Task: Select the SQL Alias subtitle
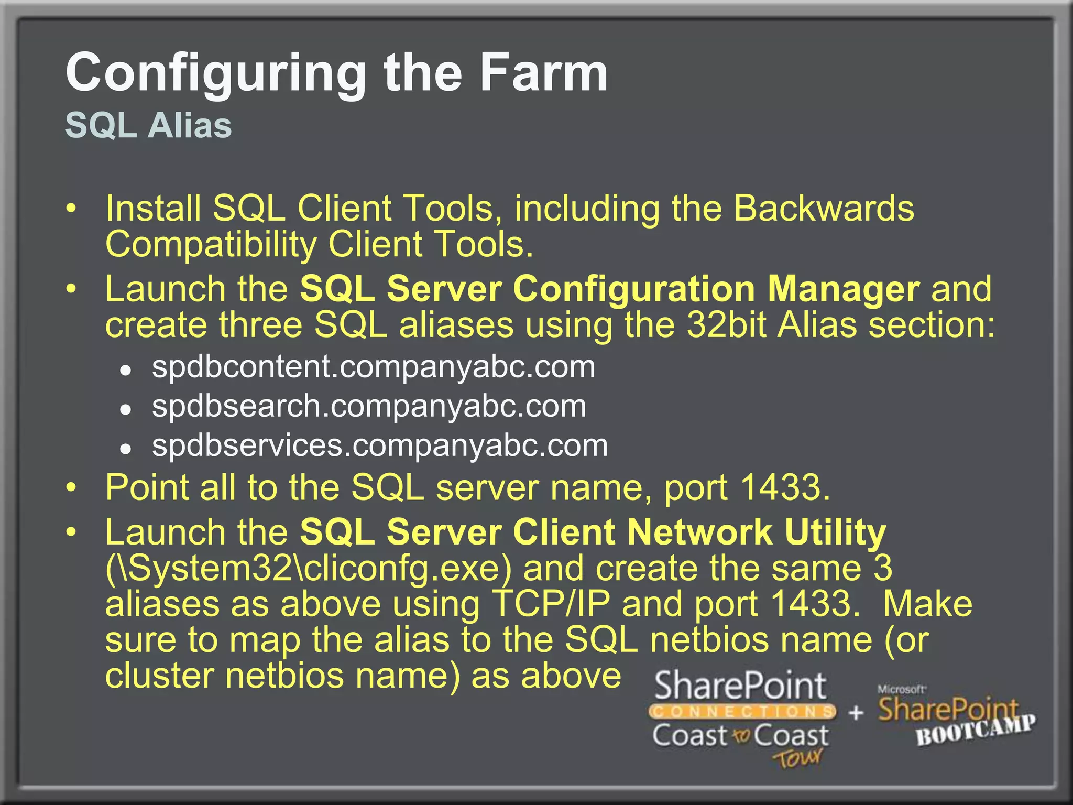pos(148,126)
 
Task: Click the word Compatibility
pos(211,245)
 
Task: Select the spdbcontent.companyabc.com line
pos(373,366)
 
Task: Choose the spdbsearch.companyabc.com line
pos(369,406)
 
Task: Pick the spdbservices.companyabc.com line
pos(380,445)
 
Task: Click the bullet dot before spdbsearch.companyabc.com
pos(125,409)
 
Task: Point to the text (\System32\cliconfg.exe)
pos(308,568)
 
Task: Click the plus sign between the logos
pos(856,713)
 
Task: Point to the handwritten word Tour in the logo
pos(798,758)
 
